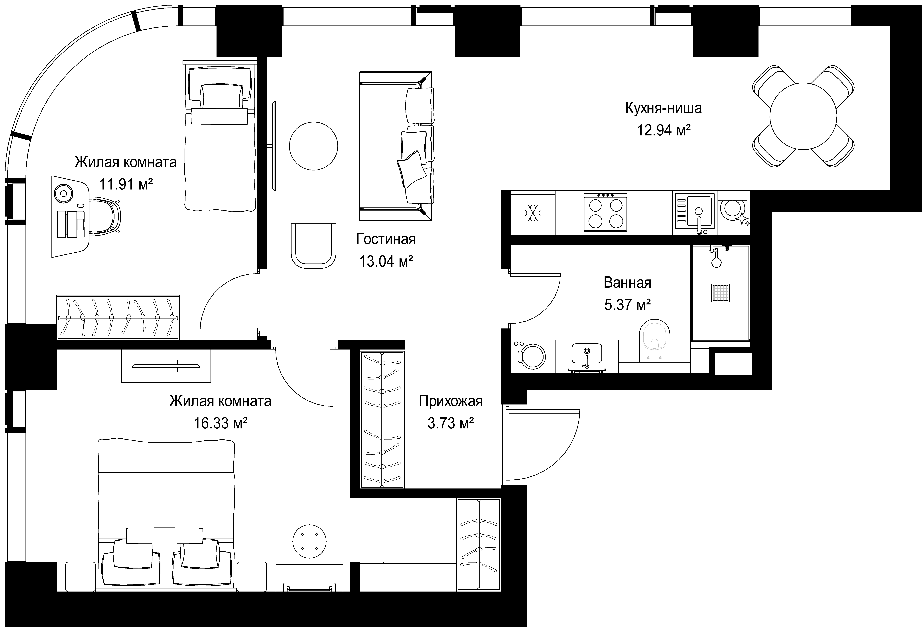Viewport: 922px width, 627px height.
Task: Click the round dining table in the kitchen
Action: coord(803,116)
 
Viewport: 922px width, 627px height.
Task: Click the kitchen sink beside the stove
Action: coord(695,212)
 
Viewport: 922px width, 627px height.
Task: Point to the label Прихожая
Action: coord(451,401)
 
